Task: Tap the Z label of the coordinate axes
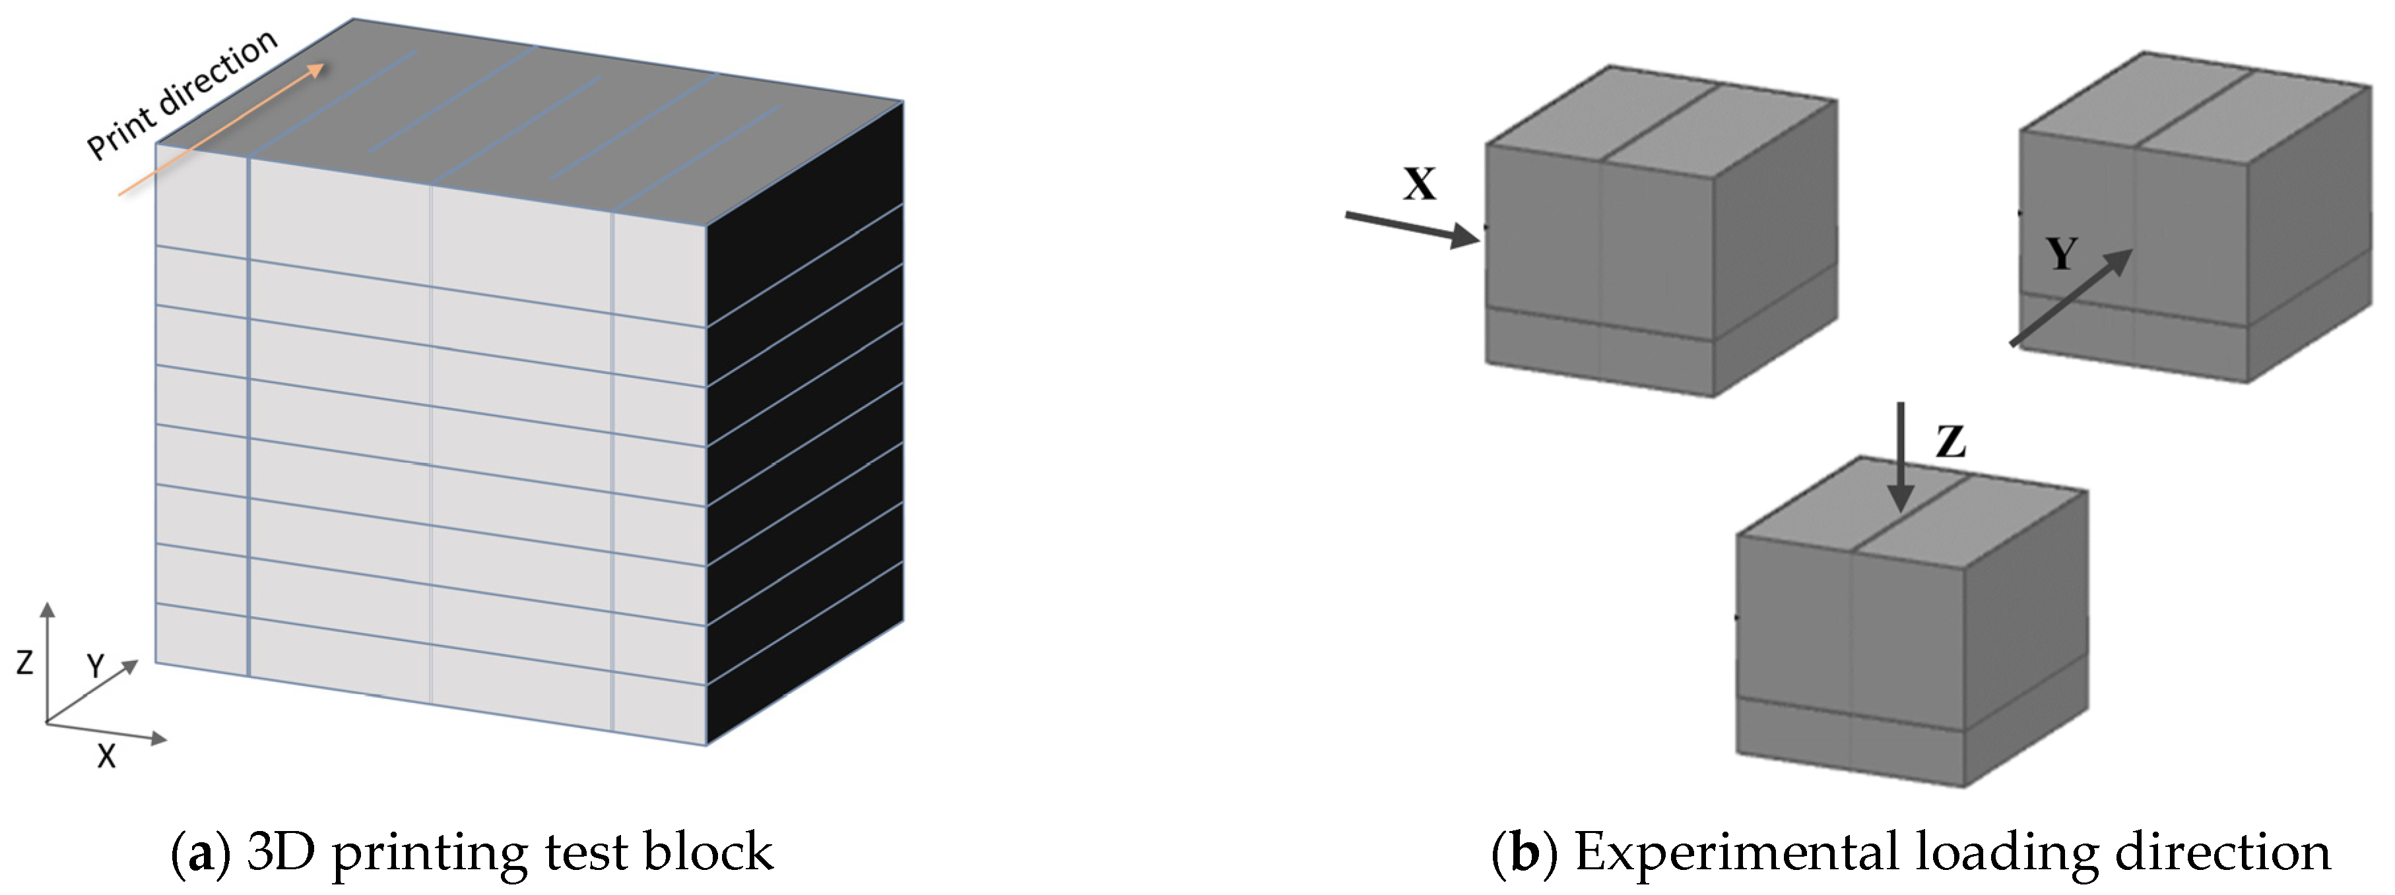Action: pos(25,662)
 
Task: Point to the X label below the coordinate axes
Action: pos(107,756)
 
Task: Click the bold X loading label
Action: pos(1419,184)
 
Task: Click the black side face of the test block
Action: pos(804,418)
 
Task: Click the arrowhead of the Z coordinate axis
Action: pos(48,609)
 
